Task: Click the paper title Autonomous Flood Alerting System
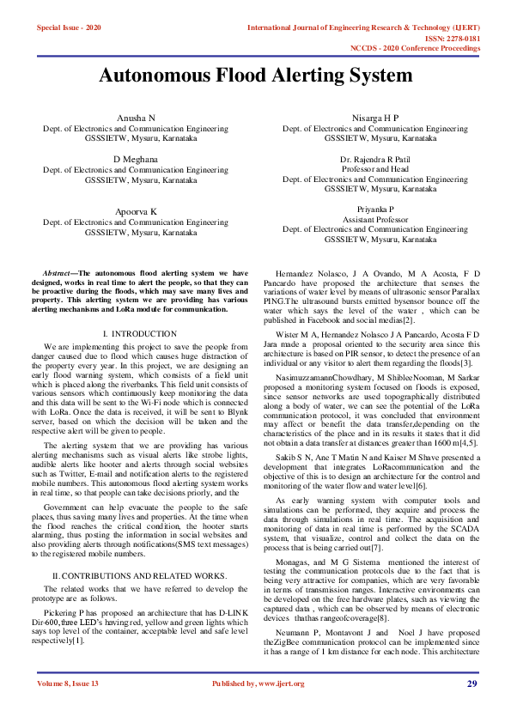pyautogui.click(x=255, y=76)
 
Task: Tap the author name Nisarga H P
pyautogui.click(x=375, y=118)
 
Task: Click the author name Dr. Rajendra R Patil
pyautogui.click(x=375, y=160)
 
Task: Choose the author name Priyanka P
pyautogui.click(x=375, y=210)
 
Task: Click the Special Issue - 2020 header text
pyautogui.click(x=69, y=28)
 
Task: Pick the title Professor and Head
pyautogui.click(x=375, y=170)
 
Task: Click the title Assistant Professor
pyautogui.click(x=375, y=220)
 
